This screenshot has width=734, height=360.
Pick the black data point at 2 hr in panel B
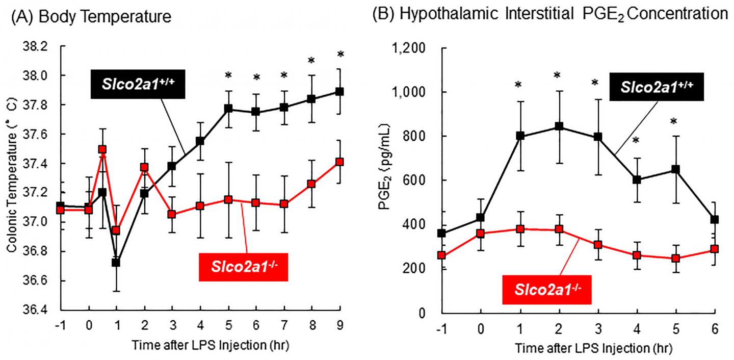coord(559,126)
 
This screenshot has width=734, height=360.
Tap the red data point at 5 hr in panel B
coord(676,258)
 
